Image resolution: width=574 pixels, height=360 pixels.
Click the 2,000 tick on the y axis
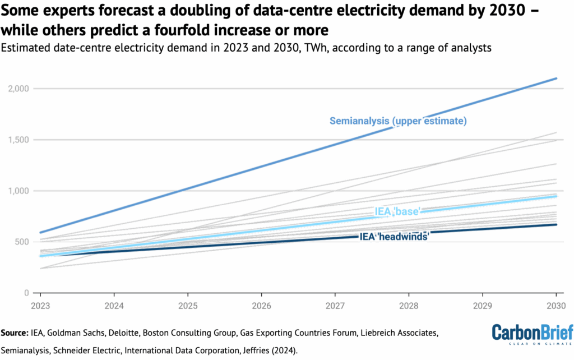(19, 89)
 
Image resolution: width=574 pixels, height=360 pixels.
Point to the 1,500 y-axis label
(19, 140)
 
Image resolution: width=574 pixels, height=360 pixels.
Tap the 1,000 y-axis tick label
(19, 191)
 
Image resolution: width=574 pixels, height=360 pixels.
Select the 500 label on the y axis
(22, 242)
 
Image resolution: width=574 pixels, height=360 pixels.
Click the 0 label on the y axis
(27, 293)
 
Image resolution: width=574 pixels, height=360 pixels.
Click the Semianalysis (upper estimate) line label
(399, 121)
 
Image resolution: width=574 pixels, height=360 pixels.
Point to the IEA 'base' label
(397, 211)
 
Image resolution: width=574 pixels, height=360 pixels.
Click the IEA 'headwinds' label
(394, 237)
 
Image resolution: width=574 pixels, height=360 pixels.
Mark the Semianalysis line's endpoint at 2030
(556, 79)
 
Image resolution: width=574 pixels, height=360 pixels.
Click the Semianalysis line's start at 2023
(40, 232)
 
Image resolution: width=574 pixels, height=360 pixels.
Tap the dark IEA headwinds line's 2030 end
(556, 224)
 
